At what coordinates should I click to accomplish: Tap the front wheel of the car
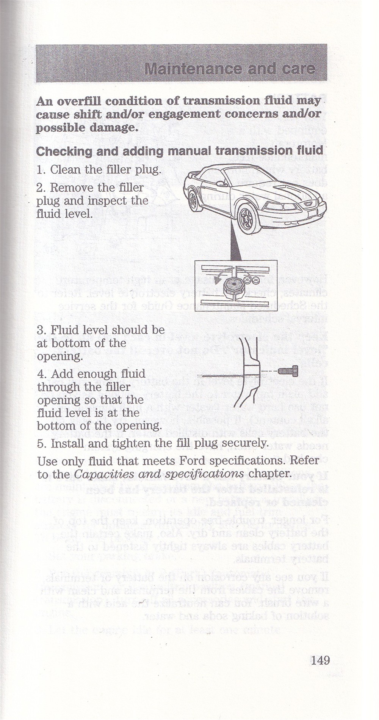(247, 219)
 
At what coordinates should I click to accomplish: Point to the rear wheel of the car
(195, 200)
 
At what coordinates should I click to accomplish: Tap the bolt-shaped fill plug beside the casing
(288, 370)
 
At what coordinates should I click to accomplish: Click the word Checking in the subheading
(63, 151)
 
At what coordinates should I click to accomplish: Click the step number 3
(40, 330)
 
